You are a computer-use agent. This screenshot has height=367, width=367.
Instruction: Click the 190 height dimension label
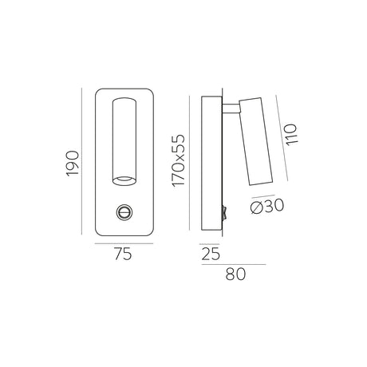coord(73,164)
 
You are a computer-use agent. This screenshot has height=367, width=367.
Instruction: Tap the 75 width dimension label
coord(123,254)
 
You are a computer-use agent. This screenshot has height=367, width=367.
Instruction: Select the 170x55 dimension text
coord(178,160)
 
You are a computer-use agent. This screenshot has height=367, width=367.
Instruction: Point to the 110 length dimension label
coord(290,135)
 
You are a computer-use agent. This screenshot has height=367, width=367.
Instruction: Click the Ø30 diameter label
coord(267,206)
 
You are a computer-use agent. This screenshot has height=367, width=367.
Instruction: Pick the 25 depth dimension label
coord(211,254)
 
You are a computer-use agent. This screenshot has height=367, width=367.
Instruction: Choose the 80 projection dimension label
coord(235,274)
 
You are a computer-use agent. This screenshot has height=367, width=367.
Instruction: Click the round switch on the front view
coord(124,212)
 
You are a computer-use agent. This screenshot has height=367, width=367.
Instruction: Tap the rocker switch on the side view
coord(224,213)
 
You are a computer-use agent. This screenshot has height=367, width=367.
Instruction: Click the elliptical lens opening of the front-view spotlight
coord(124,180)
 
